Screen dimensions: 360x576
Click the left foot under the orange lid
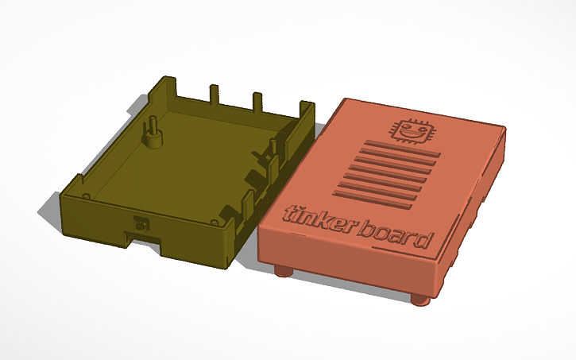(x=283, y=271)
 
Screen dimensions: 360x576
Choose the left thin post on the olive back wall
(x=213, y=93)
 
